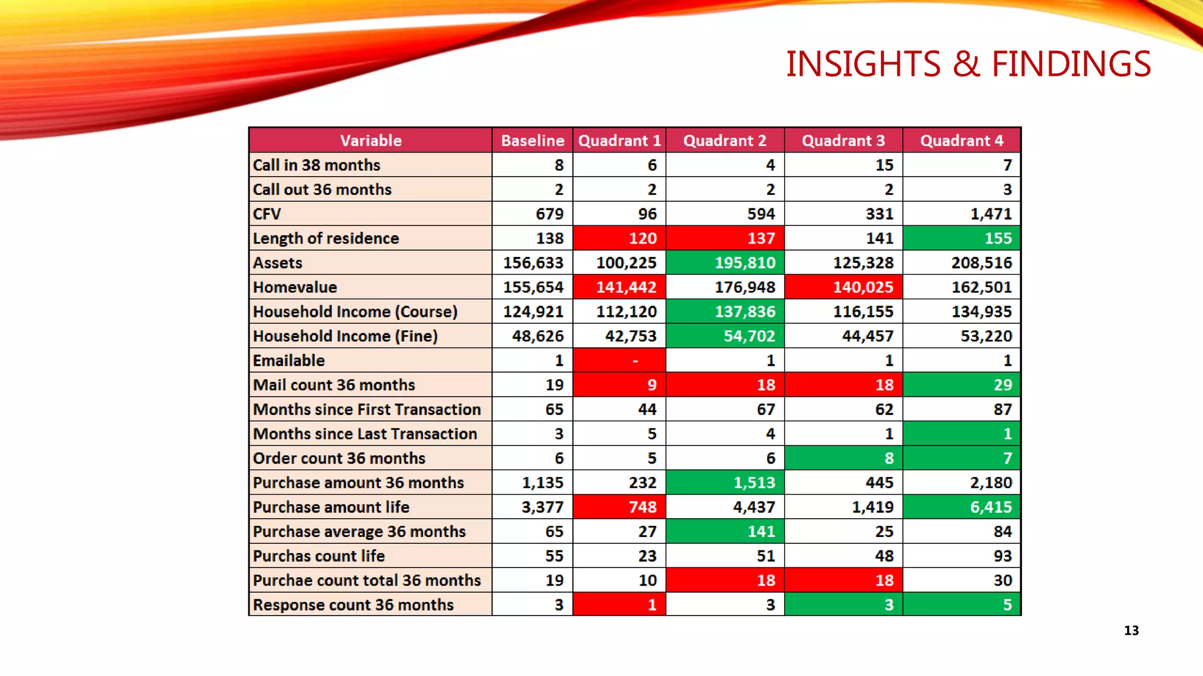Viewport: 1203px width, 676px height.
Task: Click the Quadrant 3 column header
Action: pyautogui.click(x=843, y=141)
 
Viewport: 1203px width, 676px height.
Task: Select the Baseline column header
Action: pyautogui.click(x=532, y=141)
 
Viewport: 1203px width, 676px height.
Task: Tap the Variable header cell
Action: pyautogui.click(x=371, y=141)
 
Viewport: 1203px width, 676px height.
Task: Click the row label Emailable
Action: pyautogui.click(x=288, y=360)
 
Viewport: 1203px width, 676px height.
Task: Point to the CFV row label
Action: pyautogui.click(x=267, y=214)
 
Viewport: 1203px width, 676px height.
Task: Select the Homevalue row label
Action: pyautogui.click(x=295, y=287)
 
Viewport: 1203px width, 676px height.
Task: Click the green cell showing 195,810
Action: pyautogui.click(x=725, y=263)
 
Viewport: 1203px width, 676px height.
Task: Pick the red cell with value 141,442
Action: pyautogui.click(x=620, y=287)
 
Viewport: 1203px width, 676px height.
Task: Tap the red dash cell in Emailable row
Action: pyautogui.click(x=620, y=360)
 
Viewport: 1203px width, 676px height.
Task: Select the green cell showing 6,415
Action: pyautogui.click(x=962, y=507)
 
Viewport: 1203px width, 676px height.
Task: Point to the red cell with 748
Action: pyautogui.click(x=620, y=507)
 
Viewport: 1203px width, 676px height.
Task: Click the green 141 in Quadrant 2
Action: pyautogui.click(x=725, y=532)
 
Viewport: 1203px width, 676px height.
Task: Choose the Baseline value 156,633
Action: pyautogui.click(x=533, y=263)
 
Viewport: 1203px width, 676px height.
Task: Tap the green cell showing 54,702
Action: pyautogui.click(x=725, y=336)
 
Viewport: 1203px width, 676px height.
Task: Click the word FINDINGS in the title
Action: pyautogui.click(x=1071, y=64)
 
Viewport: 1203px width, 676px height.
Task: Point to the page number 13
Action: pyautogui.click(x=1131, y=631)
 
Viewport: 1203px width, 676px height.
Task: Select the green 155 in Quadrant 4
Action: pyautogui.click(x=962, y=238)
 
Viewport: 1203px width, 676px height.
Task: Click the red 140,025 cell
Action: pyautogui.click(x=844, y=287)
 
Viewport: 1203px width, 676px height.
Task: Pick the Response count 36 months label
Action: pyautogui.click(x=353, y=605)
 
